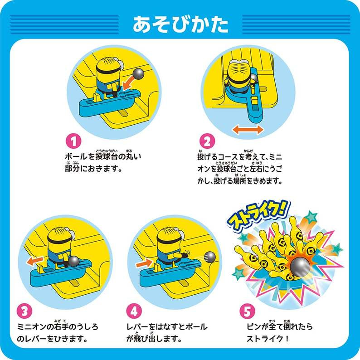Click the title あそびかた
click(180, 24)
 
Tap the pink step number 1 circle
click(73, 141)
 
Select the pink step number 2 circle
click(207, 141)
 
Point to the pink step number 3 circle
click(24, 311)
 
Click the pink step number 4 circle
click(134, 311)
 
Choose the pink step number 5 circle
click(247, 311)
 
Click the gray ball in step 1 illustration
click(138, 73)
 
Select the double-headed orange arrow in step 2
click(248, 130)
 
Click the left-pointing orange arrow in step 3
click(34, 261)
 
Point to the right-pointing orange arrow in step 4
click(144, 263)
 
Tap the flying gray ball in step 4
click(209, 257)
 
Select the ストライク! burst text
click(258, 215)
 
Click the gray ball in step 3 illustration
click(74, 262)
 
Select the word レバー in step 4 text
click(138, 327)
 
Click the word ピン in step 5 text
click(254, 327)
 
